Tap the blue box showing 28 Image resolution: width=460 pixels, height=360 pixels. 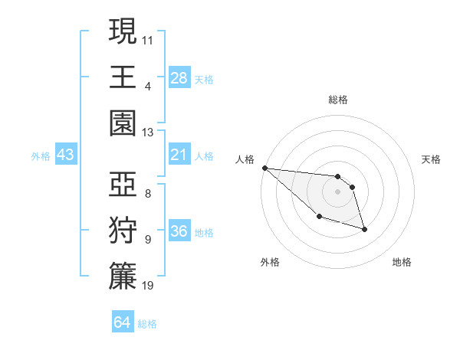[179, 77]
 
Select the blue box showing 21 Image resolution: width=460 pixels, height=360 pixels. [179, 155]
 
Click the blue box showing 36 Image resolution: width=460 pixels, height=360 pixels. [179, 231]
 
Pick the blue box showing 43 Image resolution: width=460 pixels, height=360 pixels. [66, 155]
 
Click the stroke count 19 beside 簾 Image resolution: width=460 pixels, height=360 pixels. [148, 286]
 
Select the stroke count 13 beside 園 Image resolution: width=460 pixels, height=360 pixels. [148, 133]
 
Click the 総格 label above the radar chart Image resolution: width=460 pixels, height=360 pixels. [338, 100]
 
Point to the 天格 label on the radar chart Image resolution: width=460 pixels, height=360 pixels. [432, 159]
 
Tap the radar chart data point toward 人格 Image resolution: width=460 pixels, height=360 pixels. [264, 168]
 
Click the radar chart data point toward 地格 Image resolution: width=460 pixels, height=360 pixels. [364, 229]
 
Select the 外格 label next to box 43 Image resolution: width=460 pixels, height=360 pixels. [41, 155]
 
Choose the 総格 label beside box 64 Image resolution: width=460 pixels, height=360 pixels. [147, 324]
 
